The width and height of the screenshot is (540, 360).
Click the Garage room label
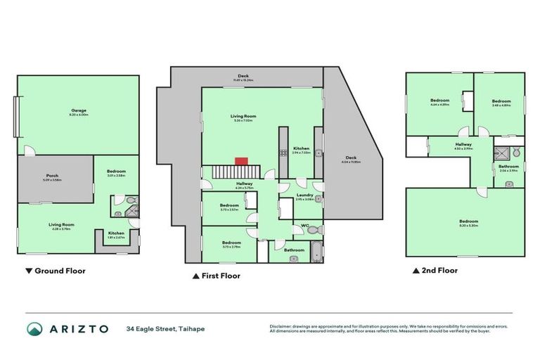(78, 110)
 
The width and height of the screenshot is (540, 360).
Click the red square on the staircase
(241, 161)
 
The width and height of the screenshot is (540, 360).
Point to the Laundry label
(304, 195)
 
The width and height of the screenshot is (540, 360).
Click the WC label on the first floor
(304, 226)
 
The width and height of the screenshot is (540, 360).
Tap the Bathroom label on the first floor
(294, 250)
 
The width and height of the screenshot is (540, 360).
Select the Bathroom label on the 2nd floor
(508, 167)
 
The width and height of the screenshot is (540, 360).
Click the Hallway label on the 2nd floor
(463, 144)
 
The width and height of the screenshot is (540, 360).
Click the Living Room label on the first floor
(243, 116)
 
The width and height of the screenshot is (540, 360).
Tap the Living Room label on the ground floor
(61, 224)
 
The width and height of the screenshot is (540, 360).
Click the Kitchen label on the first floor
(301, 148)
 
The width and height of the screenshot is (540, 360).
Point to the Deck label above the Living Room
(243, 76)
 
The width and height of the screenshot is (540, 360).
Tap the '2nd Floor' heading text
(439, 270)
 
